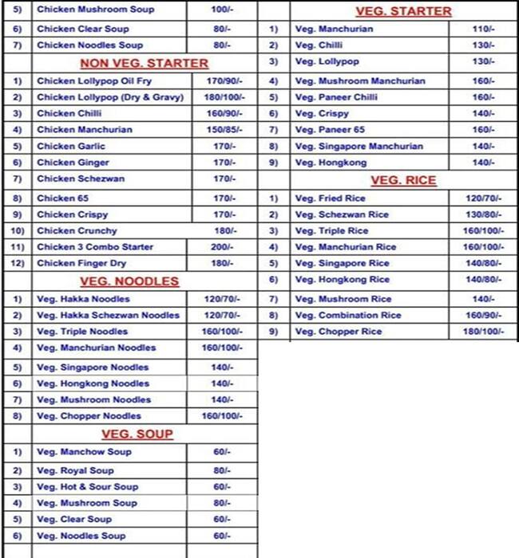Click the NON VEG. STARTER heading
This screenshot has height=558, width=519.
pyautogui.click(x=144, y=63)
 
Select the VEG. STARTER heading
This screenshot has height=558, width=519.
pyautogui.click(x=402, y=11)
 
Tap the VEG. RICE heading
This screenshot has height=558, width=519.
pyautogui.click(x=404, y=180)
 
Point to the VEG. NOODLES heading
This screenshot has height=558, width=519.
pyautogui.click(x=129, y=281)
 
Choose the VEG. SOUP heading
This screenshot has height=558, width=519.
pyautogui.click(x=137, y=434)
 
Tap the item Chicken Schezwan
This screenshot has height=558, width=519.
pyautogui.click(x=81, y=179)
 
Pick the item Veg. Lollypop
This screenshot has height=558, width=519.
pyautogui.click(x=327, y=61)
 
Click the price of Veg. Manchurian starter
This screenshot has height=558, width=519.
pyautogui.click(x=484, y=29)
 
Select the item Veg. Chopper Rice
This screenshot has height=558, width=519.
pyautogui.click(x=339, y=332)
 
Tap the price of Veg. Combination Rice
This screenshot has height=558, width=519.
pyautogui.click(x=484, y=316)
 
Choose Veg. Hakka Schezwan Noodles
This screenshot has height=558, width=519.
pyautogui.click(x=108, y=316)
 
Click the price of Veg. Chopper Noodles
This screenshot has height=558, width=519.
pyautogui.click(x=221, y=416)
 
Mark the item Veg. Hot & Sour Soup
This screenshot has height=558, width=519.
pyautogui.click(x=88, y=487)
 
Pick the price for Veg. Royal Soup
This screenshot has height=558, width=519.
pyautogui.click(x=221, y=471)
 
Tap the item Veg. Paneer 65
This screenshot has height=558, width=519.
pyautogui.click(x=331, y=130)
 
